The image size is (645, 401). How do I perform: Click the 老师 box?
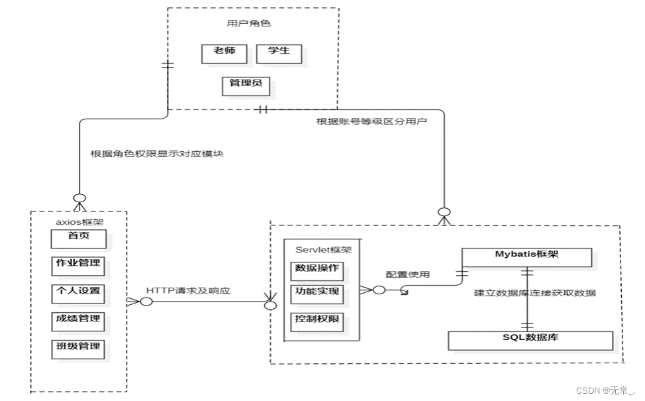coord(224,54)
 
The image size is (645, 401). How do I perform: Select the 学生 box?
coord(279,54)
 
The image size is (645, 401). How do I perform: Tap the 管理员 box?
coord(246,86)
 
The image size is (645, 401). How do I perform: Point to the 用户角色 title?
coord(249,23)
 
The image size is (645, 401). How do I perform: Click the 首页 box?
coord(79,239)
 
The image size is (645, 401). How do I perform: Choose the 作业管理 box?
coord(78,266)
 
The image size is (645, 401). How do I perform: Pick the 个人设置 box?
coord(78,294)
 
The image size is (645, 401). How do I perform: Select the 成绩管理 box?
coord(78,321)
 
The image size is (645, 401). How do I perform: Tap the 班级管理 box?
coord(78,349)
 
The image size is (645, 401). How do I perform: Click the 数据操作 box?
coord(317,271)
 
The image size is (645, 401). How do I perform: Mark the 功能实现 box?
coord(317,294)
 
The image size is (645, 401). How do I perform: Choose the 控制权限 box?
coord(317,322)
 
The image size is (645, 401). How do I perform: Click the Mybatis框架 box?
coord(527,257)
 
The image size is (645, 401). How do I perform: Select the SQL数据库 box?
coord(530,341)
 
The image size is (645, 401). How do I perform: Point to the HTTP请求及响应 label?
coord(188,291)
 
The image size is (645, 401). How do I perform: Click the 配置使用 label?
coord(408,274)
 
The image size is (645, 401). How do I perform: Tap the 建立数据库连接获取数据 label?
coord(535,293)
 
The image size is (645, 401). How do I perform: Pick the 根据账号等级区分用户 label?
coord(372,121)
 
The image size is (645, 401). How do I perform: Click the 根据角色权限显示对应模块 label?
coord(157,154)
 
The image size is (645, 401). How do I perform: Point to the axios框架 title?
coord(79,222)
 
